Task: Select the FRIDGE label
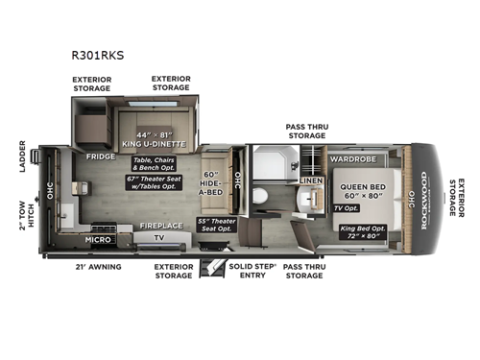(x=100, y=156)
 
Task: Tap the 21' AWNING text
(x=99, y=266)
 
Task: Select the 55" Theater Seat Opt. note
(x=217, y=223)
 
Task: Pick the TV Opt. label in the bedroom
(x=344, y=207)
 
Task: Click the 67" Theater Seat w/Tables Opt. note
(x=151, y=182)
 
